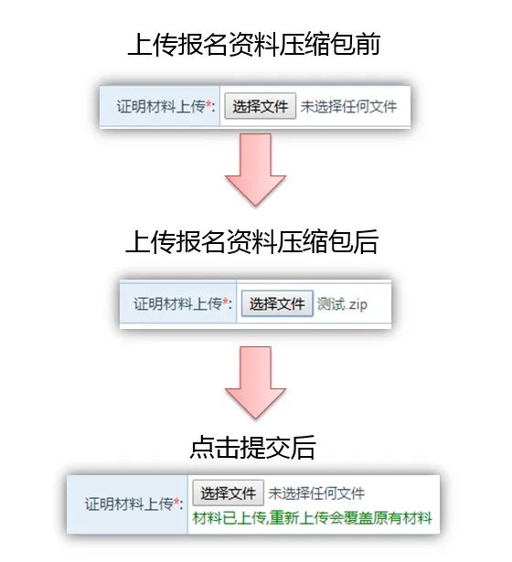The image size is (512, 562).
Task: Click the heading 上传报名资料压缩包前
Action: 254,45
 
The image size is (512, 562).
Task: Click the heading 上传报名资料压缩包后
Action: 252,241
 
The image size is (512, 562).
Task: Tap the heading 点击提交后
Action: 252,447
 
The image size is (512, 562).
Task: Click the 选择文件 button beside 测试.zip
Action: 277,303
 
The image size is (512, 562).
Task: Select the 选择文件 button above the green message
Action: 228,493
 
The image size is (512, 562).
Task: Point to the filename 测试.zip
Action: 343,304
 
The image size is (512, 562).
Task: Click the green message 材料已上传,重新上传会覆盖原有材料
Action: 313,518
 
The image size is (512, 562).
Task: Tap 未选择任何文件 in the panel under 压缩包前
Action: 348,107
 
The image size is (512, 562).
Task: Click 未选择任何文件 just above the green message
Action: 316,493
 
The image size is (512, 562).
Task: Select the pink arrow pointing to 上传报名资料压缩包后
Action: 255,170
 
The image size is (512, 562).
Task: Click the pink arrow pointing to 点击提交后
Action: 255,382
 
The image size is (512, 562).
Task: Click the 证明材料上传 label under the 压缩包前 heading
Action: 161,107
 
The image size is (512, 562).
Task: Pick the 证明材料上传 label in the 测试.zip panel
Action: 178,304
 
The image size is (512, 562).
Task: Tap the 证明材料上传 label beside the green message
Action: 130,504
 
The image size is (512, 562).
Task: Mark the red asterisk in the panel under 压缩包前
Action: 209,104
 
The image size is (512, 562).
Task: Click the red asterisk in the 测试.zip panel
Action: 226,301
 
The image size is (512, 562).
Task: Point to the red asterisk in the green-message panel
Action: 177,501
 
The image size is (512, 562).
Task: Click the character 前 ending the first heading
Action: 368,45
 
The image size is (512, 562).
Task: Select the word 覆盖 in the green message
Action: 357,518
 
